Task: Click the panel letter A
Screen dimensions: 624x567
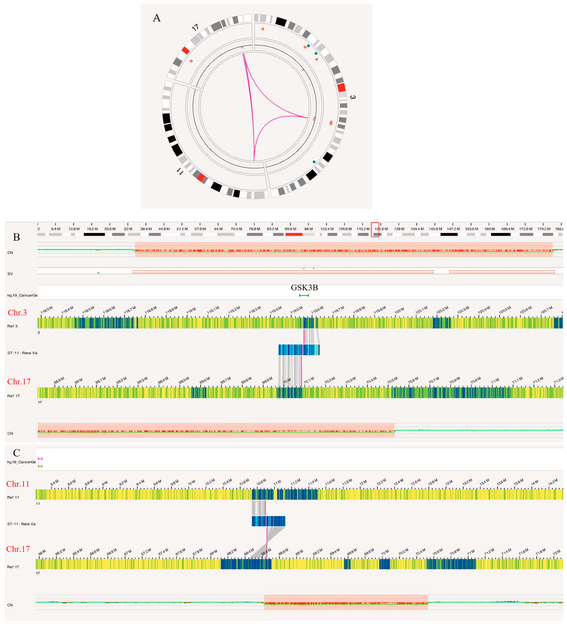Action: [x=157, y=18]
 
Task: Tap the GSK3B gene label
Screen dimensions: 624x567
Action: [x=304, y=288]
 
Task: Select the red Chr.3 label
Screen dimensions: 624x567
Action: [x=17, y=313]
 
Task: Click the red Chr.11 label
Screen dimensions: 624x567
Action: [x=18, y=484]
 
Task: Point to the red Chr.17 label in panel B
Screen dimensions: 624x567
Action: [x=19, y=382]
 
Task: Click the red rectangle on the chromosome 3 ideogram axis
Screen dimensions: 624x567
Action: [x=375, y=230]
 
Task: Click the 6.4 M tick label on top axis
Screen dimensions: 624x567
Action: [x=56, y=229]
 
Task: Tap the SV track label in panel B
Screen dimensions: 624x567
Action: [x=10, y=274]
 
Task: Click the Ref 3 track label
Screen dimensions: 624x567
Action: [x=12, y=326]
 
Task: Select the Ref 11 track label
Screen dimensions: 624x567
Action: [x=13, y=497]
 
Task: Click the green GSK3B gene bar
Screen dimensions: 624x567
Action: [x=304, y=296]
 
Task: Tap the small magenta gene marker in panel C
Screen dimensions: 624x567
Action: [x=40, y=459]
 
